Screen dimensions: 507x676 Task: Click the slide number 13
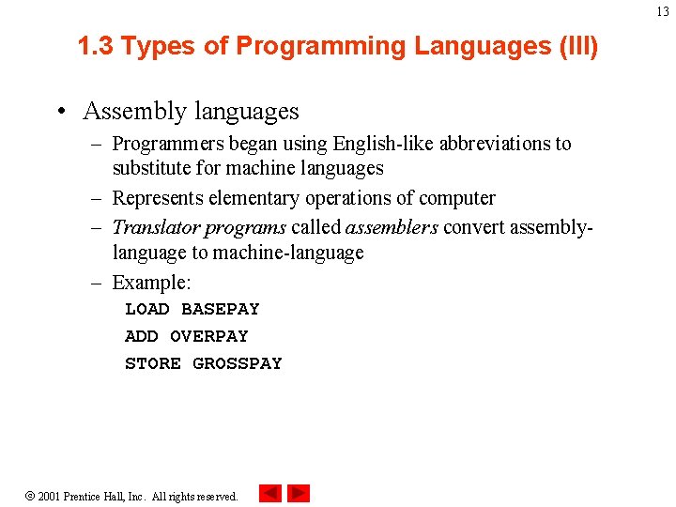click(x=663, y=11)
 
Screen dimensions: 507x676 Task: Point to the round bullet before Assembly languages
click(x=60, y=111)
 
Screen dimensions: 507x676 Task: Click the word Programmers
click(x=167, y=144)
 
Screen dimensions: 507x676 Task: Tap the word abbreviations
click(x=467, y=144)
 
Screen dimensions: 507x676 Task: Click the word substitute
click(x=153, y=169)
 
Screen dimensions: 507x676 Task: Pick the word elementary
click(x=248, y=198)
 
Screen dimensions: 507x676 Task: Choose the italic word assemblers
click(x=392, y=227)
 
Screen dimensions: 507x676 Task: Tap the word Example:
click(x=151, y=282)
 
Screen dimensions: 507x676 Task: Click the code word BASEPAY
click(x=221, y=309)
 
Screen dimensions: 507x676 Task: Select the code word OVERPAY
click(x=209, y=336)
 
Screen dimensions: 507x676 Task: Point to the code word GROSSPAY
click(x=238, y=363)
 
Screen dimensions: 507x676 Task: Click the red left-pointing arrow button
click(x=270, y=493)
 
